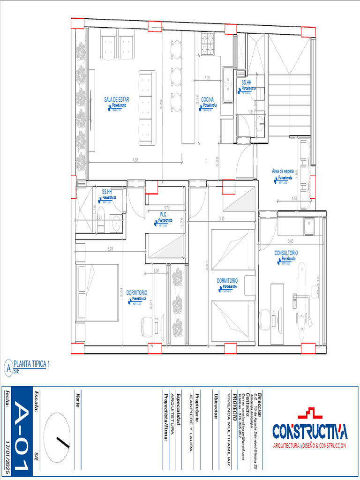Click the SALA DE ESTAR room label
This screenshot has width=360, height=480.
tap(117, 99)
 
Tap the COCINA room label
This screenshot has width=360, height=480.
tap(208, 99)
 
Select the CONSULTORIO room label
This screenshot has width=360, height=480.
tap(286, 253)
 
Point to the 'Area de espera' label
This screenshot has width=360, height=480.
tap(283, 172)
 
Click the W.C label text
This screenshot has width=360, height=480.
tap(163, 214)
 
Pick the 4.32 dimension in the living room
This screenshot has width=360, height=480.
tap(135, 160)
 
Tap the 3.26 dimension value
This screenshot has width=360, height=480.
tap(110, 248)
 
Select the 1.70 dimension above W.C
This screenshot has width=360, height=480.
tap(167, 208)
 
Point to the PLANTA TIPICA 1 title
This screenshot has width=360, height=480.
tap(31, 364)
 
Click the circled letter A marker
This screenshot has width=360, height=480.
tap(8, 368)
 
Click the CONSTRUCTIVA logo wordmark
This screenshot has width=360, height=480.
tap(310, 430)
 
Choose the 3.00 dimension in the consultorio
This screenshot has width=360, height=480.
tap(291, 241)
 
